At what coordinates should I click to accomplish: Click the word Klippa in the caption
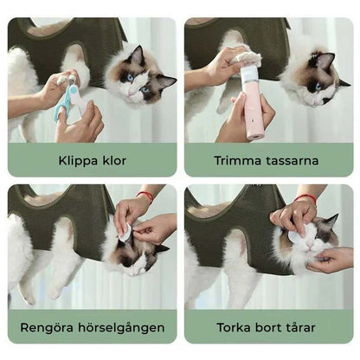(79, 161)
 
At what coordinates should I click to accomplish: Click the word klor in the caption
(114, 160)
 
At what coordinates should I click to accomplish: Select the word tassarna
(292, 161)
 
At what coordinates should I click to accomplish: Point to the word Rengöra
(47, 327)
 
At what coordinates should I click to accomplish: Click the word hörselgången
(121, 328)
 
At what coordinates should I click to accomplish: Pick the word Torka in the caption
(234, 327)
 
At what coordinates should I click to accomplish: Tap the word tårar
(300, 327)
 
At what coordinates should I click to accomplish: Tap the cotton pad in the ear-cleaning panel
(125, 233)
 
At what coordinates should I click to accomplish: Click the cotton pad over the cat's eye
(296, 233)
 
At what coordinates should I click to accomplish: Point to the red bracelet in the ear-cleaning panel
(145, 196)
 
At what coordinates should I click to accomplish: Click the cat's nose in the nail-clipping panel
(131, 93)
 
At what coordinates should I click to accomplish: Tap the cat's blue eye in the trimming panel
(318, 87)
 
